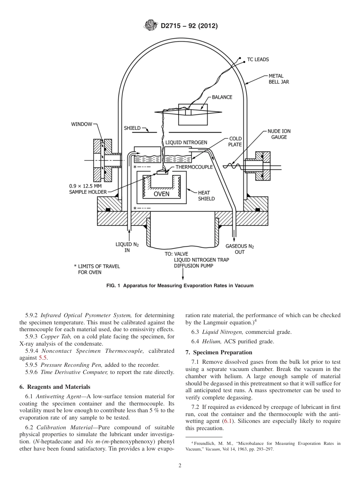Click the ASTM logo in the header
click(151, 26)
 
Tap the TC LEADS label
click(258, 59)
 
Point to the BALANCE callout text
click(222, 97)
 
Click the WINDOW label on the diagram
click(81, 124)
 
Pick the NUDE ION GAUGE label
click(279, 134)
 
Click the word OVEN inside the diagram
click(161, 194)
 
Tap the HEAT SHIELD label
click(206, 196)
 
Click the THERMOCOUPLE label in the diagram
click(194, 167)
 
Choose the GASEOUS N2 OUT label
click(239, 249)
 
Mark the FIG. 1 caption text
click(180, 286)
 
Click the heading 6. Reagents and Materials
click(55, 387)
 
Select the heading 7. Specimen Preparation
click(219, 352)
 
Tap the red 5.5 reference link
click(43, 357)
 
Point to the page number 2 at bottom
click(180, 465)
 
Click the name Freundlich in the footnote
click(205, 443)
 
